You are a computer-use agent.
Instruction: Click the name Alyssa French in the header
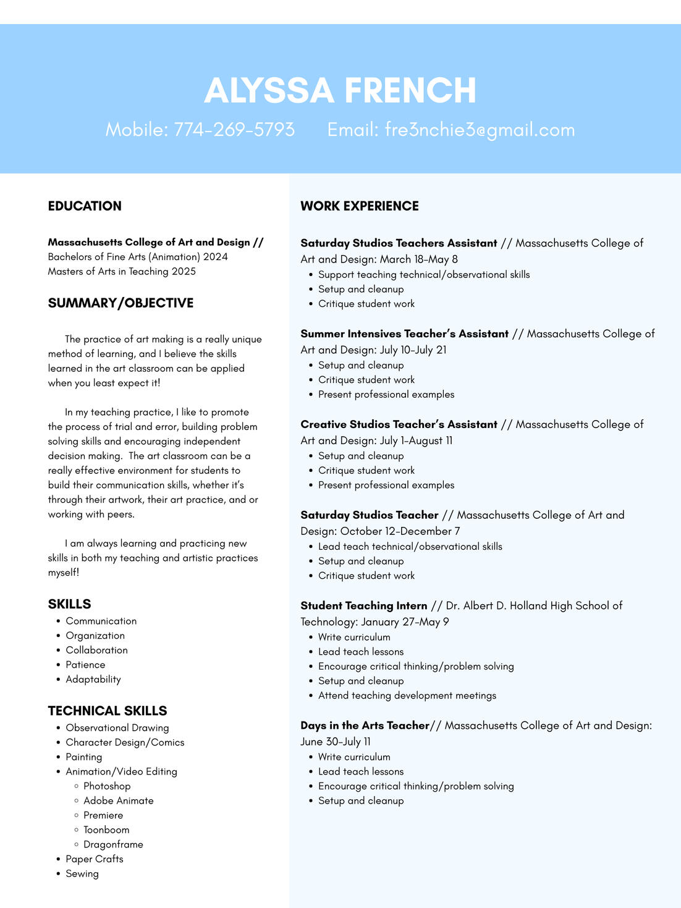pyautogui.click(x=340, y=90)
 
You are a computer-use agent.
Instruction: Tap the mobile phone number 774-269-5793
pyautogui.click(x=234, y=130)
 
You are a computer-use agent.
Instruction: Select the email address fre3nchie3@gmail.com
pyautogui.click(x=480, y=130)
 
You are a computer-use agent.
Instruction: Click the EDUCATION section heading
pyautogui.click(x=85, y=206)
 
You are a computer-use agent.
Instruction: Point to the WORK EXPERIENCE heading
pyautogui.click(x=360, y=206)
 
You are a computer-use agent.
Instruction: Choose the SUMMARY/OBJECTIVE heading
pyautogui.click(x=121, y=303)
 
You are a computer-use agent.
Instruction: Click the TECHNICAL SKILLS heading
pyautogui.click(x=108, y=711)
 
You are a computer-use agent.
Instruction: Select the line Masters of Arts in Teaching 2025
pyautogui.click(x=122, y=272)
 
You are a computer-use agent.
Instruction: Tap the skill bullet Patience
pyautogui.click(x=85, y=665)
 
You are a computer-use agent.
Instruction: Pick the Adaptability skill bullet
pyautogui.click(x=93, y=679)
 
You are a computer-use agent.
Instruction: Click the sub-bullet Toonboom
pyautogui.click(x=106, y=830)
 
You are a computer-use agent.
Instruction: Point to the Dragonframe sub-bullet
pyautogui.click(x=113, y=844)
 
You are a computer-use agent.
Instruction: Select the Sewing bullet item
pyautogui.click(x=82, y=874)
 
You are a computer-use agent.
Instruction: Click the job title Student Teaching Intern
pyautogui.click(x=364, y=606)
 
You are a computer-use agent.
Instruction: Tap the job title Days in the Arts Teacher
pyautogui.click(x=365, y=726)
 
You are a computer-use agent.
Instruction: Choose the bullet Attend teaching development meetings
pyautogui.click(x=407, y=696)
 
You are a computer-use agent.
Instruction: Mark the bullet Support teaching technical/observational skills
pyautogui.click(x=424, y=275)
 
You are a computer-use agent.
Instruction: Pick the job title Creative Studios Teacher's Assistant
pyautogui.click(x=399, y=425)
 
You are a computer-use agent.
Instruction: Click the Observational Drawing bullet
pyautogui.click(x=117, y=728)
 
